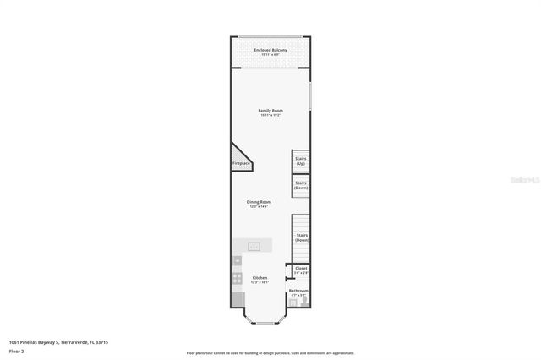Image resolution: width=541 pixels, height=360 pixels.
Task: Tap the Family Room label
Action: (270, 111)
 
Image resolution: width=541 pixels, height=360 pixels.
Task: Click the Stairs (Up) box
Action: (300, 161)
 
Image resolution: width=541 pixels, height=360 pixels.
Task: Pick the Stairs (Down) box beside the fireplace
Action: (300, 184)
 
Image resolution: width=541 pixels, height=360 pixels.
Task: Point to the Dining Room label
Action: (259, 201)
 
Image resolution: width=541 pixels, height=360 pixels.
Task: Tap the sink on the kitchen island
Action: (254, 245)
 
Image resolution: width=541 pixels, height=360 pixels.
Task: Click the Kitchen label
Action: (260, 278)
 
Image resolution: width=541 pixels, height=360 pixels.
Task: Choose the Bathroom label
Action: (298, 291)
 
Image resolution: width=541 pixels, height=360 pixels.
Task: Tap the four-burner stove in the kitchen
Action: (238, 280)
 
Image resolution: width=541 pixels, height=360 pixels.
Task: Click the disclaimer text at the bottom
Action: (270, 352)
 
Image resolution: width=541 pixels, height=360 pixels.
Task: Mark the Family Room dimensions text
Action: (270, 116)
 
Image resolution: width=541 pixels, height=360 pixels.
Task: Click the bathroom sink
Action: (292, 302)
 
